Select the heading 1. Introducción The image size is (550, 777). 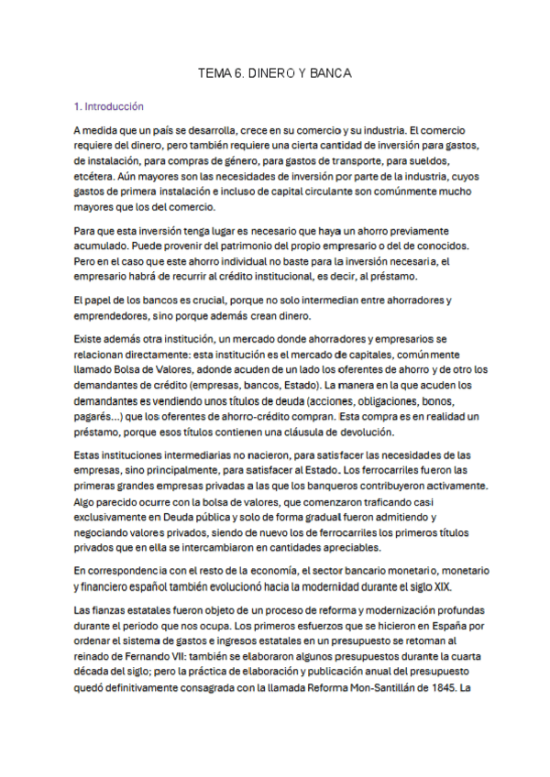[x=109, y=106]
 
